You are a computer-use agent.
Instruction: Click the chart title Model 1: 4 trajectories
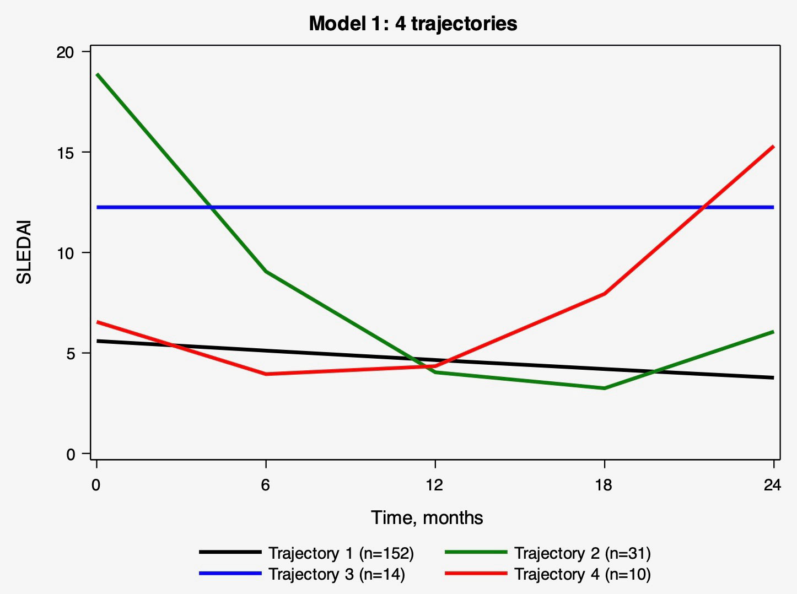click(413, 24)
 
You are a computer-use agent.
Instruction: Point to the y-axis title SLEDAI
click(24, 252)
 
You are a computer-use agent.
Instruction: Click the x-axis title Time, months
click(427, 517)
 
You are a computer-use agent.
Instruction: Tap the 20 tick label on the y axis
click(66, 52)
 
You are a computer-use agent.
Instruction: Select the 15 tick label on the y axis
click(66, 153)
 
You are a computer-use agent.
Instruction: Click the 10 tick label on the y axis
click(66, 253)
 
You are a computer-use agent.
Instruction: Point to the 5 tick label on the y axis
click(70, 354)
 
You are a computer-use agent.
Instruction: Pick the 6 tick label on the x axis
click(266, 485)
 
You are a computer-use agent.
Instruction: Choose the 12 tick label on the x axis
click(434, 485)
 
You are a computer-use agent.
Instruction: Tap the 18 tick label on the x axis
click(604, 485)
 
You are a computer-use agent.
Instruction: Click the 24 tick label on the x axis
click(773, 485)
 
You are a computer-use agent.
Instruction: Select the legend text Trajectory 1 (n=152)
click(341, 553)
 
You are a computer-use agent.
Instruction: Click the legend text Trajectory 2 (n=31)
click(582, 553)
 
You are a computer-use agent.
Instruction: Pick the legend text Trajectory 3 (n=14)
click(336, 574)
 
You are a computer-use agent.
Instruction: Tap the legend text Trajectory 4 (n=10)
click(582, 574)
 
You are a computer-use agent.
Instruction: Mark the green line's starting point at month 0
click(97, 74)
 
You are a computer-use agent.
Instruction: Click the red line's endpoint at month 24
click(773, 147)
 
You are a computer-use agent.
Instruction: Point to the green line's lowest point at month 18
click(605, 388)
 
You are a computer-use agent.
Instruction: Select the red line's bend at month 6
click(266, 374)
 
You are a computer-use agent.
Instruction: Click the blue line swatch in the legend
click(230, 574)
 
